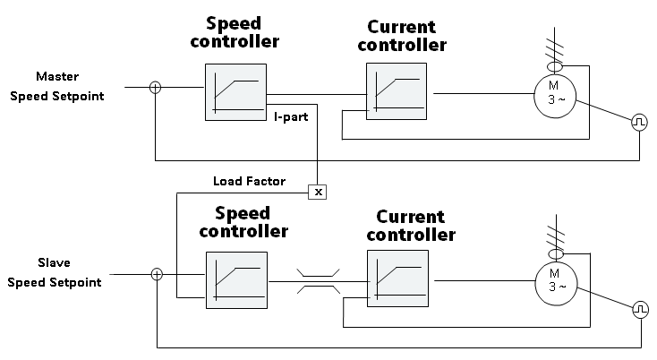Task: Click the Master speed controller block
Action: click(x=235, y=92)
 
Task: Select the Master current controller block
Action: click(x=397, y=92)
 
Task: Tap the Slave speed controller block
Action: click(x=235, y=280)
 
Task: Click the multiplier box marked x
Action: click(x=316, y=192)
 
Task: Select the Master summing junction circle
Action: click(x=156, y=88)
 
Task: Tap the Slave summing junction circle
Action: click(x=157, y=274)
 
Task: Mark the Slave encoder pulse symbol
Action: click(x=640, y=309)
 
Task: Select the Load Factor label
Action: click(x=248, y=181)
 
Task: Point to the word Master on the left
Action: click(x=57, y=76)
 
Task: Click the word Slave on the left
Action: click(x=55, y=263)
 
